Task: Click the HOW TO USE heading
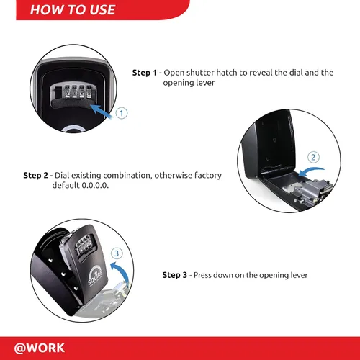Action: point(73,10)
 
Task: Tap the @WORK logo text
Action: point(40,348)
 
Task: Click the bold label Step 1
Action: point(145,73)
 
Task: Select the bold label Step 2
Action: point(35,175)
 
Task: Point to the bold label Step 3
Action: point(174,275)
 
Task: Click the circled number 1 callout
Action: point(122,113)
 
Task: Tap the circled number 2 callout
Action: point(313,157)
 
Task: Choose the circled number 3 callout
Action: point(117,253)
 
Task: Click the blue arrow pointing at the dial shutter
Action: point(101,112)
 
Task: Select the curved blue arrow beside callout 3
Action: point(122,271)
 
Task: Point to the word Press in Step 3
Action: point(202,275)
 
